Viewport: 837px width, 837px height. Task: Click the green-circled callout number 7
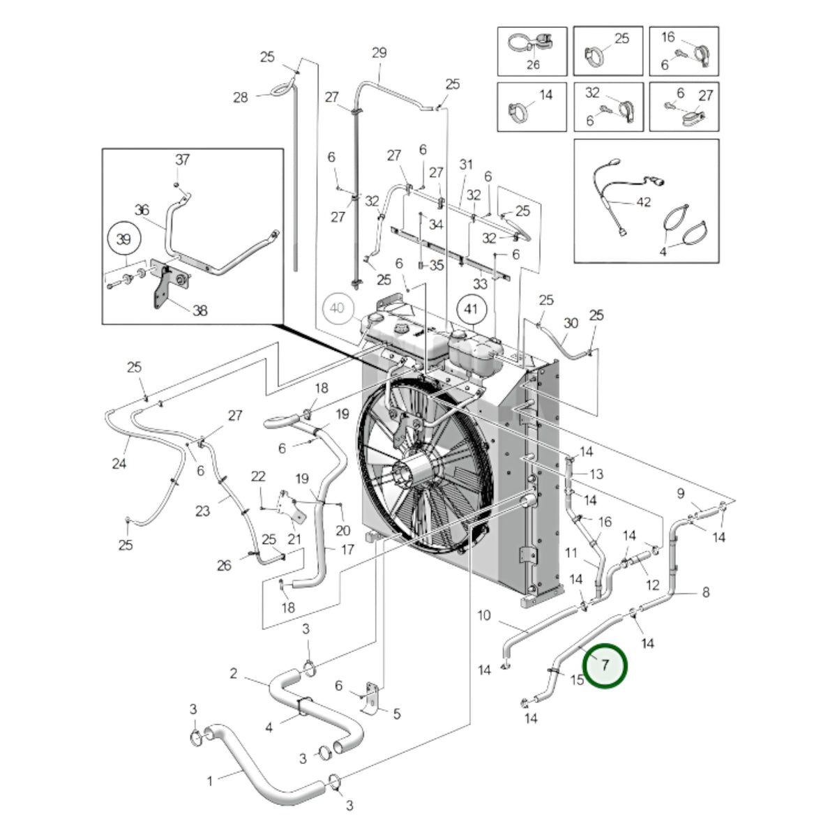coord(604,665)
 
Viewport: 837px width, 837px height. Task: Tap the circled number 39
coord(123,239)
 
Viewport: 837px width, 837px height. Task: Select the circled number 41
coord(472,310)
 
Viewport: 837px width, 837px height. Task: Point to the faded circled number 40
coord(338,308)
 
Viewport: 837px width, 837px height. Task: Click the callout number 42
coord(643,202)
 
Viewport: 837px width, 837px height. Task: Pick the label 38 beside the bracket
coord(199,310)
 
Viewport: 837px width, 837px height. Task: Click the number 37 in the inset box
coord(183,160)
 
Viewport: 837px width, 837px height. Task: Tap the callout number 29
coord(379,52)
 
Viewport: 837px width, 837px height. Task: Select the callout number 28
coord(241,97)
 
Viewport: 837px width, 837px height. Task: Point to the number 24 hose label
coord(119,463)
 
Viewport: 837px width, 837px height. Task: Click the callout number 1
coord(210,781)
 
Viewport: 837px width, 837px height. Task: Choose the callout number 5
coord(397,714)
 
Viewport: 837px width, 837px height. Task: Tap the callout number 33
coord(480,284)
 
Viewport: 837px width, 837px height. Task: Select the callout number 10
coord(484,615)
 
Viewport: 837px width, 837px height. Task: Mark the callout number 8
coord(706,591)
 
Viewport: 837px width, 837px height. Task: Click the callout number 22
coord(258,476)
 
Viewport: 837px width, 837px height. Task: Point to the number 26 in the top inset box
coord(533,64)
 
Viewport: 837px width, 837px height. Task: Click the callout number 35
coord(437,264)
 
